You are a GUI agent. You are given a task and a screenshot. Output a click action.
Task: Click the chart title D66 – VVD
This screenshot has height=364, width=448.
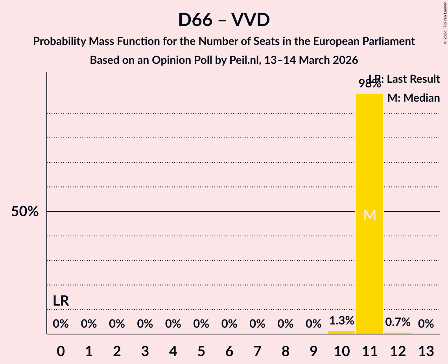[x=224, y=20]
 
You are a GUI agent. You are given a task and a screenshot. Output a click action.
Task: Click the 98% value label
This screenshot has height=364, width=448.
[x=369, y=84]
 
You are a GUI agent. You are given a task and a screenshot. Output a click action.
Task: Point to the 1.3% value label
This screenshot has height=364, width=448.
[x=341, y=321]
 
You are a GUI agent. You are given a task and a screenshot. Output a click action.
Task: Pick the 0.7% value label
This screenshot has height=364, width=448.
[x=398, y=322]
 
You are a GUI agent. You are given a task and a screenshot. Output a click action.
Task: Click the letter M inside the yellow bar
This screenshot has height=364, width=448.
[x=370, y=215]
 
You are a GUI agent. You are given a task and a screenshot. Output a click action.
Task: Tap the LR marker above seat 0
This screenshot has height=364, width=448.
[x=61, y=301]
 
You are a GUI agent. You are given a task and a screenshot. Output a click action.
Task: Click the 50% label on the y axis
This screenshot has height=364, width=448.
[x=25, y=212]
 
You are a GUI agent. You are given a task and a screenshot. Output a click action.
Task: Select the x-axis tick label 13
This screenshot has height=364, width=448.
[x=426, y=351]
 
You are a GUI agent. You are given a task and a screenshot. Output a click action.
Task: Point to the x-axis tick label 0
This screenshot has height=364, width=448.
[x=61, y=351]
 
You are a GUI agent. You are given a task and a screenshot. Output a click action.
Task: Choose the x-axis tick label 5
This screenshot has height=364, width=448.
[x=201, y=351]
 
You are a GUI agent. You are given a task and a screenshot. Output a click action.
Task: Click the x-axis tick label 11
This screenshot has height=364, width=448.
[x=369, y=351]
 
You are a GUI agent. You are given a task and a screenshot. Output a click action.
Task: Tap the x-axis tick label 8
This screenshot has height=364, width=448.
[x=285, y=351]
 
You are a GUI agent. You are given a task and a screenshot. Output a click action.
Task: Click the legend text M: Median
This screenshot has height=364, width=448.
[x=413, y=98]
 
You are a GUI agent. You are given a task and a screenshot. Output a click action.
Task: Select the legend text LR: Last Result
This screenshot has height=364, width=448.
[x=404, y=79]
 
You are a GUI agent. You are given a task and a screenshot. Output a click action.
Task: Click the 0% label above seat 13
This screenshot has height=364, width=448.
[x=426, y=324]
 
